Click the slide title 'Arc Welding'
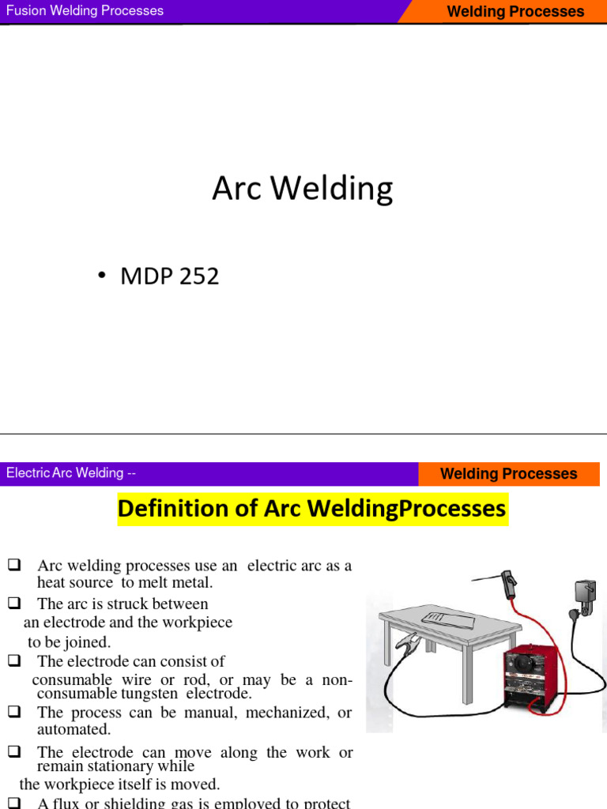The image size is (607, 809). pyautogui.click(x=302, y=190)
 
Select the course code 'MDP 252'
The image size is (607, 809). pyautogui.click(x=169, y=277)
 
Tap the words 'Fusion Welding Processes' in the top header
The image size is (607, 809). pyautogui.click(x=85, y=11)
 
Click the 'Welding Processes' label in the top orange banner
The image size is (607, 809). pyautogui.click(x=515, y=12)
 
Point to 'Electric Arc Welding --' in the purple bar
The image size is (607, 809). pyautogui.click(x=71, y=473)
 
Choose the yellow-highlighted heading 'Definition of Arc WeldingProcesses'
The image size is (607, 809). pyautogui.click(x=311, y=509)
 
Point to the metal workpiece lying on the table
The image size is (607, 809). pyautogui.click(x=446, y=619)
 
